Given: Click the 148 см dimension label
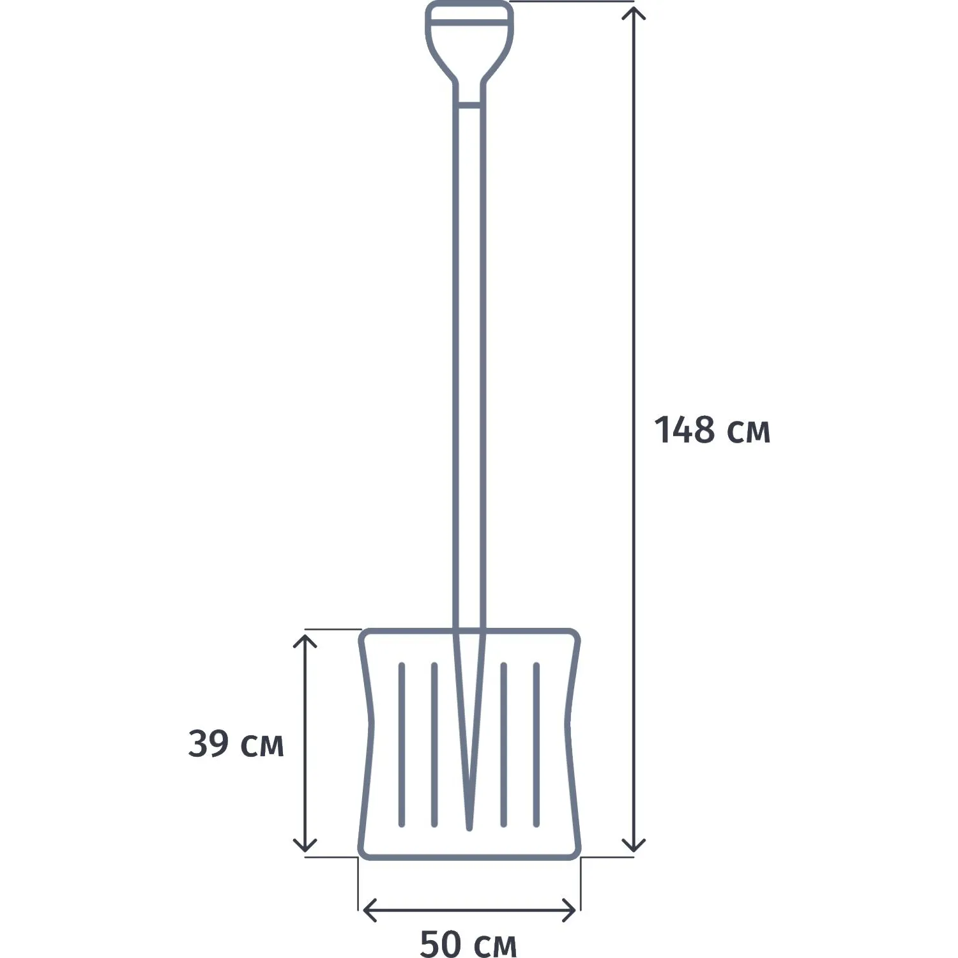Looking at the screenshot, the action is (712, 430).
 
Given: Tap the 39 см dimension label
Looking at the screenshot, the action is (236, 744).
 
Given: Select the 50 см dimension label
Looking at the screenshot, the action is (468, 944).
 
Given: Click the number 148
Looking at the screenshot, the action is (685, 429).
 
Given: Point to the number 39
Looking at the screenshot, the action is (208, 744).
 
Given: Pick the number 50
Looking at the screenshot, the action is (440, 944).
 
